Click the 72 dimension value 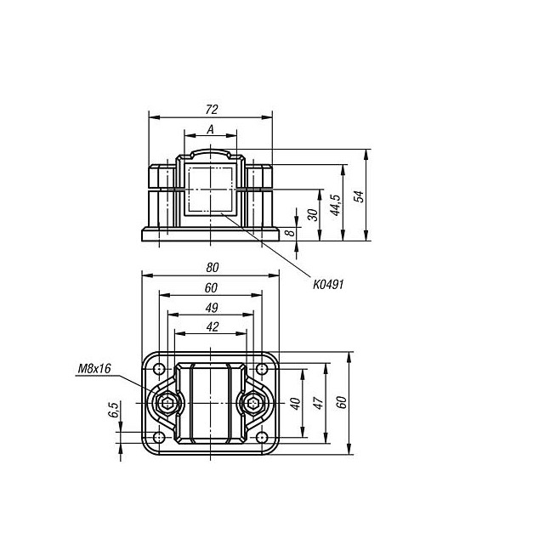(212, 110)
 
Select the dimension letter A (211, 130)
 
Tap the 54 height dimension (359, 196)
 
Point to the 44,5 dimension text (335, 205)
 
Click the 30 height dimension (313, 214)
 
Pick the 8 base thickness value (290, 233)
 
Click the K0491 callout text (328, 285)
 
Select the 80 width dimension (213, 267)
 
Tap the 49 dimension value (212, 308)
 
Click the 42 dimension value (213, 326)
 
